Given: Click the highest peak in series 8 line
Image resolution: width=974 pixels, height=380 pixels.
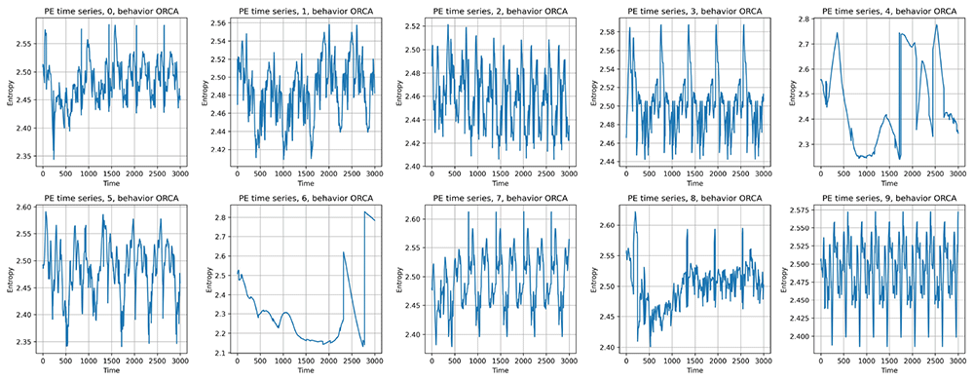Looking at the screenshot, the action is click(x=635, y=211).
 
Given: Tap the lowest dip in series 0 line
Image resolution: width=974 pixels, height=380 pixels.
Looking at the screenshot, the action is click(x=54, y=159).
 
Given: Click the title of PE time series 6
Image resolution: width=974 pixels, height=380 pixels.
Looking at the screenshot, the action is click(x=306, y=198).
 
